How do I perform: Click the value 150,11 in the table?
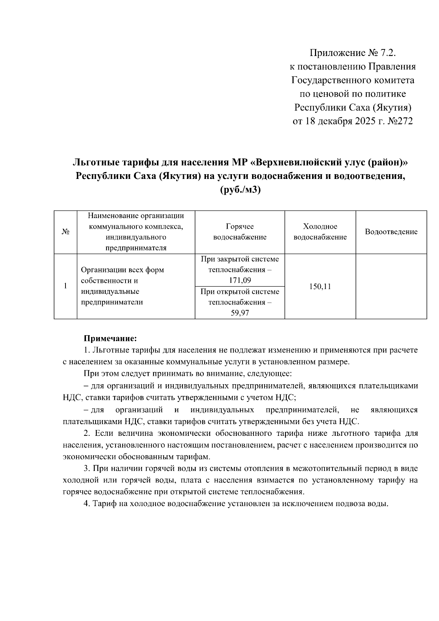click(320, 287)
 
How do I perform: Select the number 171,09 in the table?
click(240, 281)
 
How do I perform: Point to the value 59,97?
click(240, 313)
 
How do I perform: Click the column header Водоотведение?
click(391, 232)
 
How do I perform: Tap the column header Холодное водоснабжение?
click(320, 232)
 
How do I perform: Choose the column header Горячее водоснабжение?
click(240, 232)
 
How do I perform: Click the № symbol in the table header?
click(65, 232)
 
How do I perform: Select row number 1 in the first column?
click(65, 286)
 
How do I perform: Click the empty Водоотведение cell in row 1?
click(391, 287)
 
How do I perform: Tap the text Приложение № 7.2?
click(353, 53)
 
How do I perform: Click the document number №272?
click(399, 121)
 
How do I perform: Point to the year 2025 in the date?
click(366, 121)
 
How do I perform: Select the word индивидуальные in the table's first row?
click(110, 292)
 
